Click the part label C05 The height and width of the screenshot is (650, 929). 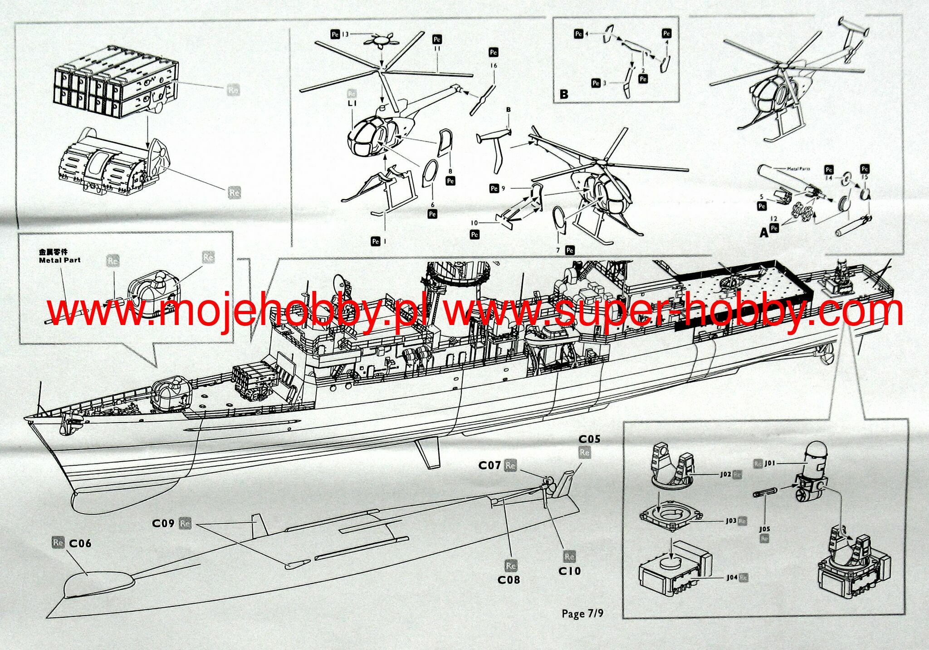tap(589, 439)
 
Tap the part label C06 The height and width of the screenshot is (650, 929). tap(80, 543)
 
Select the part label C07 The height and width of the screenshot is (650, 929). tap(489, 465)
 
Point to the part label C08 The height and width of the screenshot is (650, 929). tap(509, 580)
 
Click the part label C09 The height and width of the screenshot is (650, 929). tap(163, 523)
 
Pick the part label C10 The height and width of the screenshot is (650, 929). tap(569, 571)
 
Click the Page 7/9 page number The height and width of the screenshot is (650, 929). tap(582, 614)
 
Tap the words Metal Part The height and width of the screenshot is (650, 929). tap(59, 260)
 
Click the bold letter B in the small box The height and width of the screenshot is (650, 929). tap(564, 94)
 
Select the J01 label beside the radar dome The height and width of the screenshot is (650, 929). tap(770, 463)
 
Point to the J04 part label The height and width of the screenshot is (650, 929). tap(732, 577)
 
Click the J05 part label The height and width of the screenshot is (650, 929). tap(764, 529)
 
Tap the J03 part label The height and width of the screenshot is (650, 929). tap(731, 521)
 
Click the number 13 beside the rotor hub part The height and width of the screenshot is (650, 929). tap(345, 34)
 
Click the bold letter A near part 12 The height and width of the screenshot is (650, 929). tap(764, 233)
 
